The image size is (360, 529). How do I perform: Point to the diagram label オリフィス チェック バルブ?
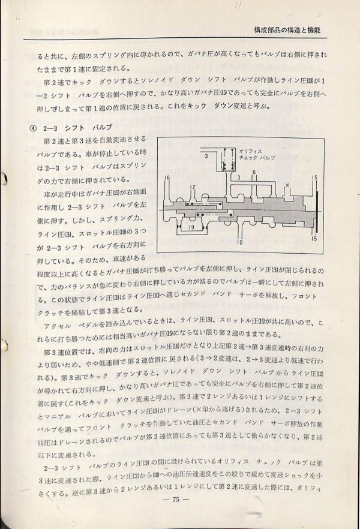click(257, 155)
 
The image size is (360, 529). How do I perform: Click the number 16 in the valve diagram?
click(166, 179)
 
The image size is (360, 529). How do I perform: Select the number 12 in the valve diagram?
click(193, 188)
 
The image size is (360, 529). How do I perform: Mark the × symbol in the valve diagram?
click(288, 185)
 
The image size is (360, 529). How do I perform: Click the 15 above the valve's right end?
click(314, 178)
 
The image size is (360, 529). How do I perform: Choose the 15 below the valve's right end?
click(314, 239)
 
